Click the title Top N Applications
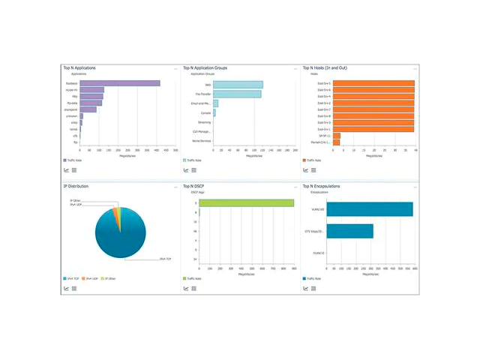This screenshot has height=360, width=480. point(79,67)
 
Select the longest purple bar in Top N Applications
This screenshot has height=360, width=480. point(120,83)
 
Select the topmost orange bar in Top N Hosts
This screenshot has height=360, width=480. point(373,83)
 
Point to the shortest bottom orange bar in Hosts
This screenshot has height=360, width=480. point(336,142)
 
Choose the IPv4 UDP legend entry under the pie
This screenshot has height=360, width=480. point(91,278)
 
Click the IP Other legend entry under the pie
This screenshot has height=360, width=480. point(109,278)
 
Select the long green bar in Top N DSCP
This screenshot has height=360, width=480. point(246,203)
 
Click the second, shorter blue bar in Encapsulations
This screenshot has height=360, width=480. point(349,231)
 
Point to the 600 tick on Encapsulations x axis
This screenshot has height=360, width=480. point(415,268)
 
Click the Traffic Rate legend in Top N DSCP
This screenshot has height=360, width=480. point(193,278)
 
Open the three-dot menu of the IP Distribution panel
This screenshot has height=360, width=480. point(175,186)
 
